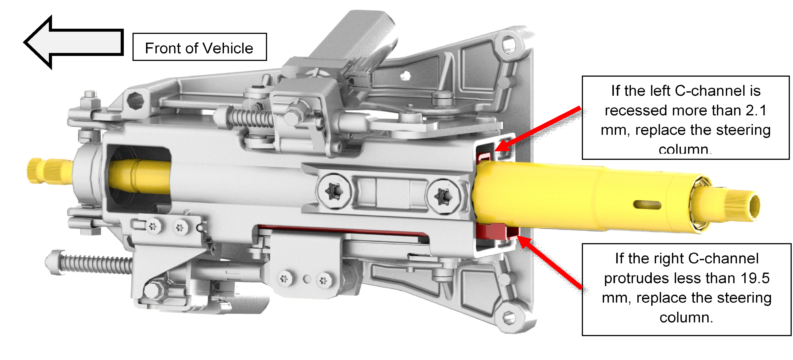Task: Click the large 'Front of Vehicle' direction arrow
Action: tap(74, 42)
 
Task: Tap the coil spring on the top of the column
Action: tap(251, 118)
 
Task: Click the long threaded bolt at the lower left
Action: tap(89, 262)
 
